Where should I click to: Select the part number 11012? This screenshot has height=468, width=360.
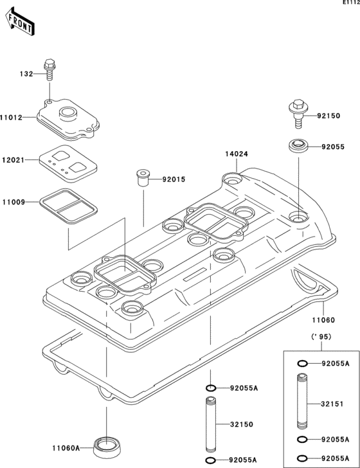point(12,118)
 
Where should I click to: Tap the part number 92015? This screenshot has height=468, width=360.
point(173,179)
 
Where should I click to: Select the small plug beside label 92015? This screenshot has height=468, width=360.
point(141,177)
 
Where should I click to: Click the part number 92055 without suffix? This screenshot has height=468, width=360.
point(333,147)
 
